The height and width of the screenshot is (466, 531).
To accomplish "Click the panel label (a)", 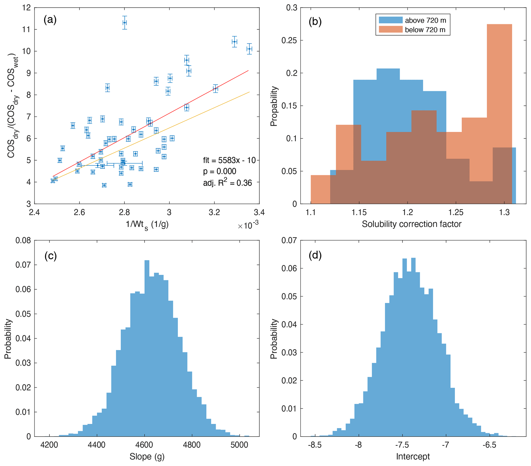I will pos(50,20).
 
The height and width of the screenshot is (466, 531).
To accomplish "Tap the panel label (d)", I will pos(315,255).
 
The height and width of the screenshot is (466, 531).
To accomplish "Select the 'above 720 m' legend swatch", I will pos(390,20).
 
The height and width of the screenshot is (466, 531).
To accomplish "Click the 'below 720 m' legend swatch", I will pos(390,30).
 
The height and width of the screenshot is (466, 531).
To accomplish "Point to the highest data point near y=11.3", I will pos(125,23).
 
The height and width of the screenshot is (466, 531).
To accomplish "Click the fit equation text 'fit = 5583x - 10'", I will pos(229,160).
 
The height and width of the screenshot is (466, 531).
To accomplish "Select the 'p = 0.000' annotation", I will pos(220,171).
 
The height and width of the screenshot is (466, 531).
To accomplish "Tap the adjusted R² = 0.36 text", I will pos(227,183).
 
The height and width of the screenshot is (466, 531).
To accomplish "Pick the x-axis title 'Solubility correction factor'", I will pos(412,224).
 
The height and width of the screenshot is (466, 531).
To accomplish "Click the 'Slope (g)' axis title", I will pos(147,456).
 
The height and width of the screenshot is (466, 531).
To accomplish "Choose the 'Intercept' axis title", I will pos(413,456).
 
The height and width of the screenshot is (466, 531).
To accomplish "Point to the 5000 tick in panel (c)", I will pos(239,445).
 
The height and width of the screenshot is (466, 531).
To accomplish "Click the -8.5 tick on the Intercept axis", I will pos(315,445).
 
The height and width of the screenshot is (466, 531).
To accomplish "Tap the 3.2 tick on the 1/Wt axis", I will pos(214,212).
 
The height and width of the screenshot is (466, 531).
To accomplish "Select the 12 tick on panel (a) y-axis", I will pos(26,7).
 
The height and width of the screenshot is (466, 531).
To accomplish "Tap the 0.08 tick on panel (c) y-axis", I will pos(23,240).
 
